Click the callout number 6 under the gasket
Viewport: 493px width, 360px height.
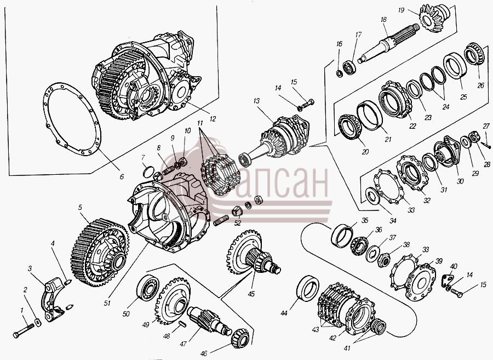[122, 176]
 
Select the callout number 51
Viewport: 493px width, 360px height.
[107, 303]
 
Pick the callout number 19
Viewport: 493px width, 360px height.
[401, 10]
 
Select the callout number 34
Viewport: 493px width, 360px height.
[393, 221]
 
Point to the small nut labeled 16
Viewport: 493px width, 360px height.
[340, 74]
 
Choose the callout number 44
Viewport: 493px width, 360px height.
[284, 313]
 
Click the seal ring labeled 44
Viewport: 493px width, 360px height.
[308, 288]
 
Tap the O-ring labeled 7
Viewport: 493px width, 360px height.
[148, 172]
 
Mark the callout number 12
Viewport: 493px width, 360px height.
[213, 119]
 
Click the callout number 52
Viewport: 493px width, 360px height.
[238, 223]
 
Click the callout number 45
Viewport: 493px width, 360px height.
[251, 294]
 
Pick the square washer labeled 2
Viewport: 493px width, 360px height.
[38, 323]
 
